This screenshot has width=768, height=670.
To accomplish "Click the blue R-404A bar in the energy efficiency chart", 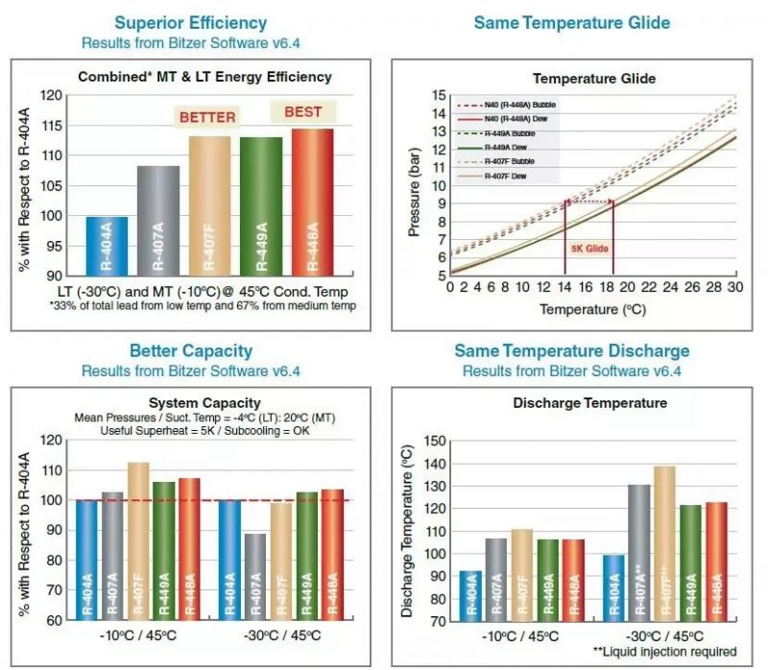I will click(107, 247).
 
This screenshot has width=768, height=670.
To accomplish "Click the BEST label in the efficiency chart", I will click(302, 112).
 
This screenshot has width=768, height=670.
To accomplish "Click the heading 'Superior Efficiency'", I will click(190, 22).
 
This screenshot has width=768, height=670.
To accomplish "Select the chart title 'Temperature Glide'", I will click(595, 78).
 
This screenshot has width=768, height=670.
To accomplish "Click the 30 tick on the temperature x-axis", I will click(736, 289).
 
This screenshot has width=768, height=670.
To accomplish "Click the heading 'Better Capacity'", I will click(190, 351).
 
